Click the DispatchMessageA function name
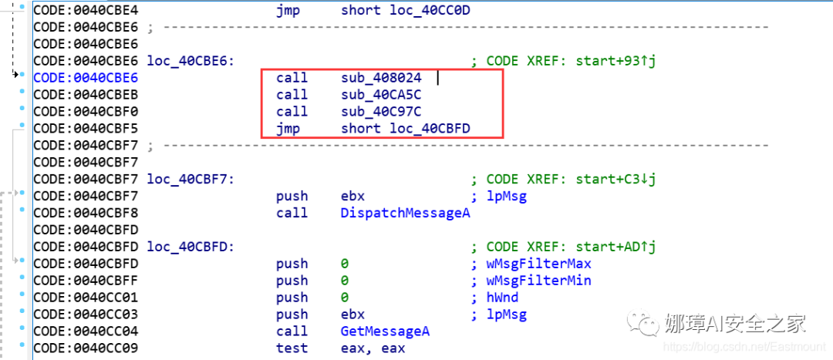pos(405,213)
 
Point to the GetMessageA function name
pos(385,331)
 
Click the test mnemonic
pos(292,348)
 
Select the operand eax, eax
pos(373,348)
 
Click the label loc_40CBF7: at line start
pos(191,179)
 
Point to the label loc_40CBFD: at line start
pos(191,247)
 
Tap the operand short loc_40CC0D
pos(405,10)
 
